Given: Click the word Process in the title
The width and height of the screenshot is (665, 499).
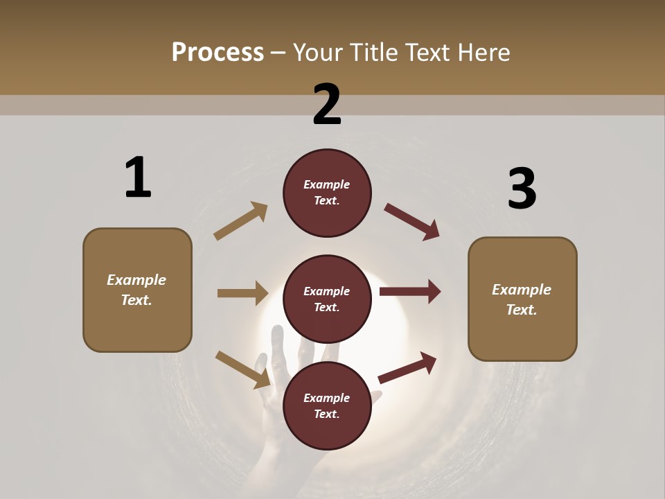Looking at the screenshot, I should click(218, 52).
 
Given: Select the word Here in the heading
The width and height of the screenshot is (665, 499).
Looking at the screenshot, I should click(482, 52).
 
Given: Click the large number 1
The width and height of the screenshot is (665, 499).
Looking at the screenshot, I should click(138, 177).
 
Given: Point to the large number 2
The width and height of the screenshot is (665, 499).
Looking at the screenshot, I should click(327, 105).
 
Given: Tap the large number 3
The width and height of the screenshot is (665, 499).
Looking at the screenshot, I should click(522, 189).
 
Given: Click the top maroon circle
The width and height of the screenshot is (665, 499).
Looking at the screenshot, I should click(327, 193).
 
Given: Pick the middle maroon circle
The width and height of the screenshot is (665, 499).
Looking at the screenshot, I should click(327, 299).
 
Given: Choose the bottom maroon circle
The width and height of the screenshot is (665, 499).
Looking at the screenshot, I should click(327, 405).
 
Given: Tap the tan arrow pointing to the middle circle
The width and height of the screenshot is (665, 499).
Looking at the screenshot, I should click(242, 293).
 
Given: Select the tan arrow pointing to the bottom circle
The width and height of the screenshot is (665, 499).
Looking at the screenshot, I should click(243, 369).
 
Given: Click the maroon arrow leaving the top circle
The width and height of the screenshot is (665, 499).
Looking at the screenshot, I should click(411, 221).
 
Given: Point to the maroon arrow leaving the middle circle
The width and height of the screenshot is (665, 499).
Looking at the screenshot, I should click(410, 292).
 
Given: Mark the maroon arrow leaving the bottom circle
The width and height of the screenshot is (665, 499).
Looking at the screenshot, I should click(407, 367).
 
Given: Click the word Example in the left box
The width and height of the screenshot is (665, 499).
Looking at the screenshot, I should click(136, 280).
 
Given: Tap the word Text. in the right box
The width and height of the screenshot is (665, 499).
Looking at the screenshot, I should click(522, 310).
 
